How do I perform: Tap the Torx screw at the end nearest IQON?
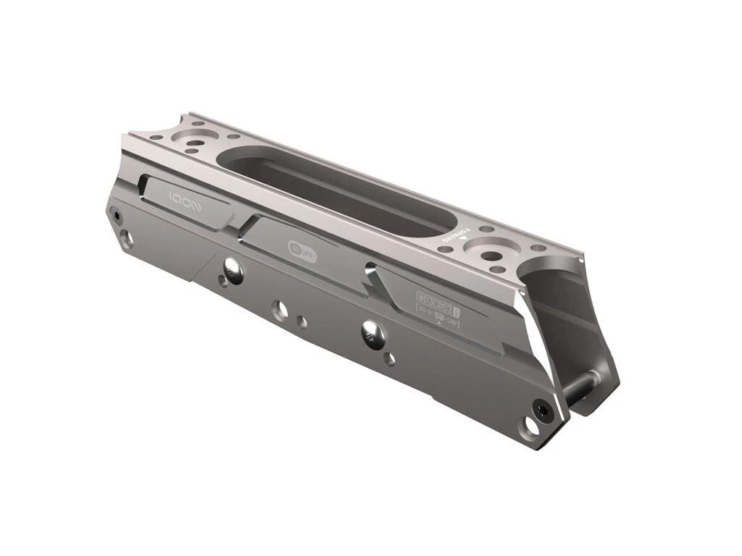coord(114,213)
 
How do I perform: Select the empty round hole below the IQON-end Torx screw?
coord(127,237)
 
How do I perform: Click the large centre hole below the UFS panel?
coord(280,310)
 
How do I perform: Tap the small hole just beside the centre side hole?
coord(302,319)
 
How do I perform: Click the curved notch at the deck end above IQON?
coord(158,132)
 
